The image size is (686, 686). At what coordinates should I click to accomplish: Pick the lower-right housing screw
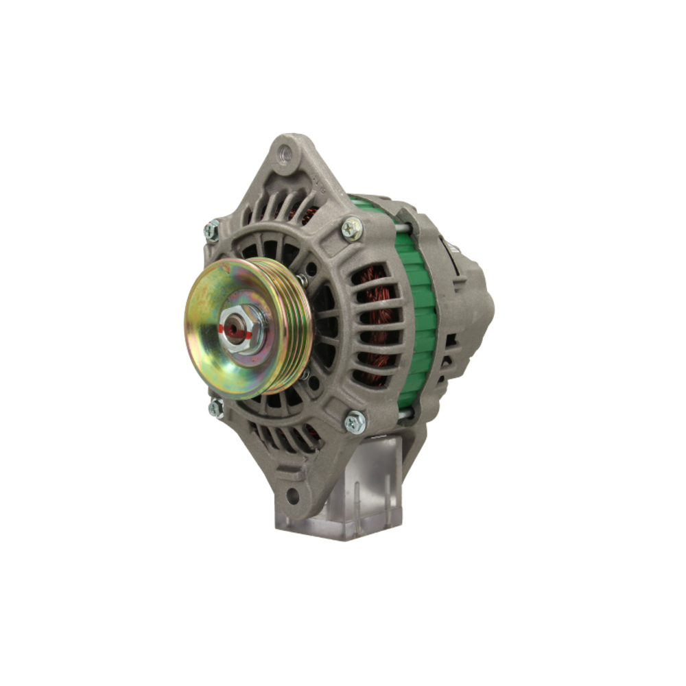355,421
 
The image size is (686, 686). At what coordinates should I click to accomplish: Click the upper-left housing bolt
212,230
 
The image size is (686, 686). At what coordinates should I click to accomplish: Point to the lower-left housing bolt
216,409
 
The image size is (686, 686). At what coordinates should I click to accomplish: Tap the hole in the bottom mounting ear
293,495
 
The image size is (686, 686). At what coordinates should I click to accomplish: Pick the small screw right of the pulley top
302,279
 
